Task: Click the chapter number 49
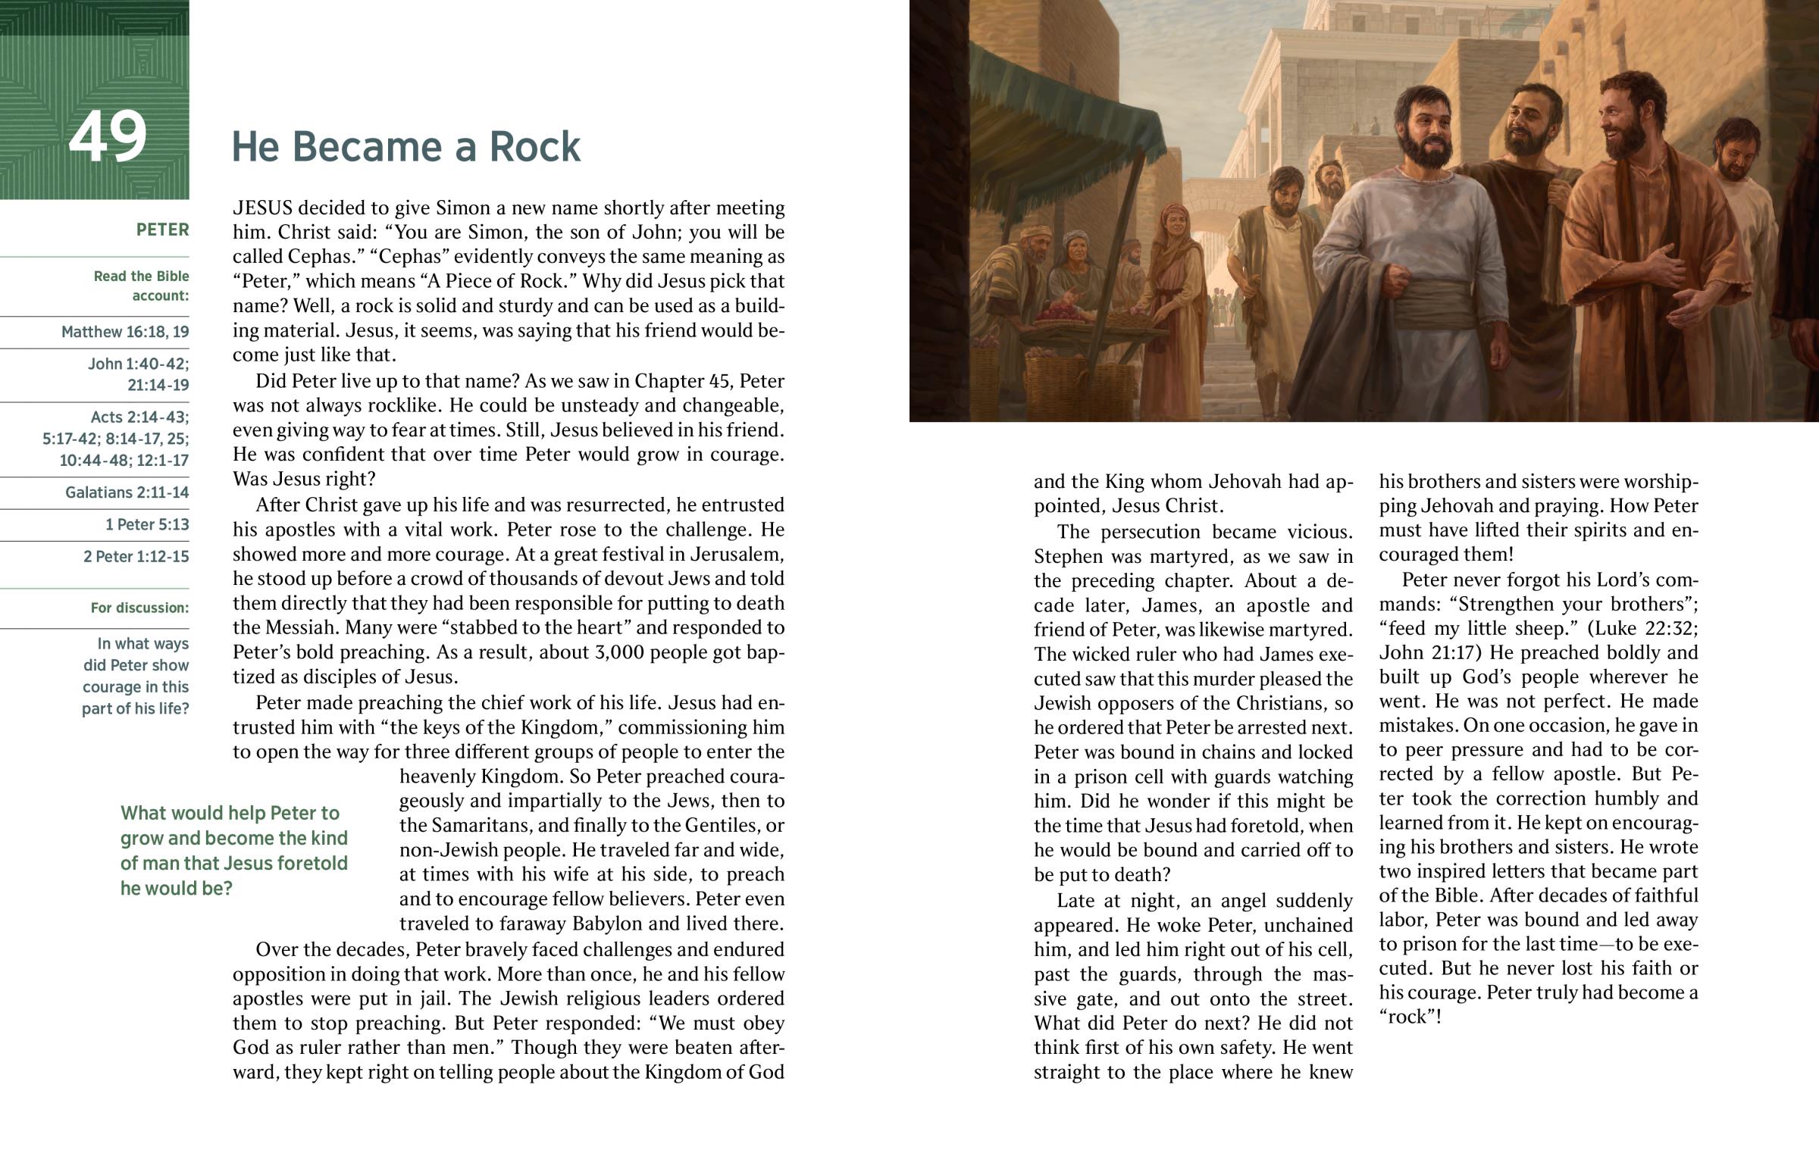coord(107,137)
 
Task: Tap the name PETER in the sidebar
coord(162,230)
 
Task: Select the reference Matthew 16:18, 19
coord(125,332)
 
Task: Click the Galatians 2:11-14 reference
coord(127,492)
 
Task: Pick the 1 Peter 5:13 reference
coord(147,524)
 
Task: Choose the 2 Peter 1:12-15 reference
coord(136,556)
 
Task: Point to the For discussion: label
coord(139,608)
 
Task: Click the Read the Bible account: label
coord(141,286)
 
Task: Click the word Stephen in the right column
coord(1069,556)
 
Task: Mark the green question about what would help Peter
coord(234,850)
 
